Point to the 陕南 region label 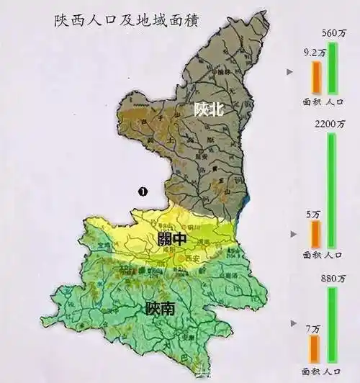click(x=159, y=310)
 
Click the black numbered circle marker click(x=143, y=191)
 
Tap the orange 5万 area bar click(x=315, y=234)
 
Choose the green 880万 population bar click(x=333, y=324)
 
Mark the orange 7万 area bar click(x=315, y=348)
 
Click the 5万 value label click(x=314, y=213)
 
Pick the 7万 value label click(x=314, y=328)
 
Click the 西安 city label click(x=191, y=258)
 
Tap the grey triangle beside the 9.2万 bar click(x=290, y=72)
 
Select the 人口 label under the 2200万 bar click(x=333, y=254)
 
